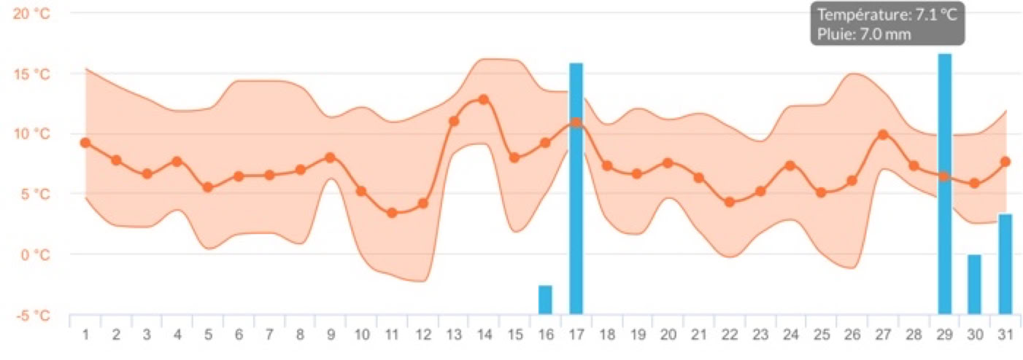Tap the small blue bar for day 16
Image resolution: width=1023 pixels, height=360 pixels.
point(545,300)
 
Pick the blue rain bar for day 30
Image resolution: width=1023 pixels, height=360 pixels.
point(974,284)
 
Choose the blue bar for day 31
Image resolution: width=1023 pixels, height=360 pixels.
point(1005,264)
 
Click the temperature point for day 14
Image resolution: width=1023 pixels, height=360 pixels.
point(483,99)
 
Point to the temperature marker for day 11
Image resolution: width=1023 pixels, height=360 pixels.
point(392,213)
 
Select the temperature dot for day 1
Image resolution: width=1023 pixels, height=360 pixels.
point(85,143)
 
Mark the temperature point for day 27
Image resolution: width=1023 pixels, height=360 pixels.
point(883,135)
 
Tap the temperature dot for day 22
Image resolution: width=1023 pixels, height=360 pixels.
point(730,202)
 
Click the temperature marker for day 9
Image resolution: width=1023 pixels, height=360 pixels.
point(330,157)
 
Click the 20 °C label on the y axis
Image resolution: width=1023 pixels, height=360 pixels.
point(31,13)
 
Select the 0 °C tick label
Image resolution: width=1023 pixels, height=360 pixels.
point(34,254)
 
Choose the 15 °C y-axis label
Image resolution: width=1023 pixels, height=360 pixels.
point(31,74)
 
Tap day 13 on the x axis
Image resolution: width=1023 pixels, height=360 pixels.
point(453,335)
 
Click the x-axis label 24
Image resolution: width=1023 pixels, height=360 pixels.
point(791,335)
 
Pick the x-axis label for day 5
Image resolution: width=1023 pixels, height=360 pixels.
point(208,335)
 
